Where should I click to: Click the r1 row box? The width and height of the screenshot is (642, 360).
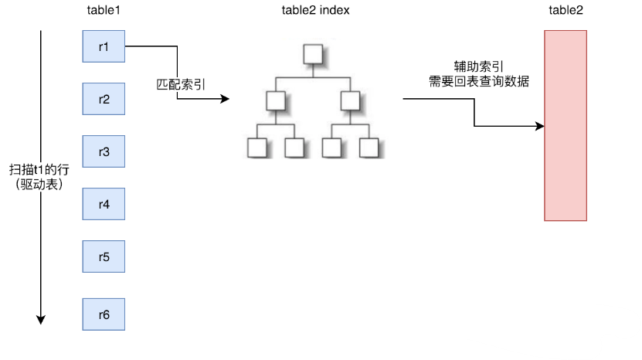click(104, 47)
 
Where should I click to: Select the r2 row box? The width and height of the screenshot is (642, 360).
click(104, 99)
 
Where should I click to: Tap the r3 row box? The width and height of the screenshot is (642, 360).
click(104, 151)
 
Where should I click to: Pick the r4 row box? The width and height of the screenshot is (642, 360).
click(104, 204)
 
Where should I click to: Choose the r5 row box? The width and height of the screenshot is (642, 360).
click(104, 256)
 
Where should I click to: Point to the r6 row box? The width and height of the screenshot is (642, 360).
click(104, 314)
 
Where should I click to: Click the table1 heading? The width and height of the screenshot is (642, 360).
click(104, 10)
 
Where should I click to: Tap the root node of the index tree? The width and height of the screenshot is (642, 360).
click(313, 54)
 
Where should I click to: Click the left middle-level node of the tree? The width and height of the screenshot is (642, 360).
click(275, 100)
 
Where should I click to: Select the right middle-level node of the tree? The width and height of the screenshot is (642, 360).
click(350, 100)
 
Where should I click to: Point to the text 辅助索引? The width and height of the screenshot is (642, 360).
click(474, 66)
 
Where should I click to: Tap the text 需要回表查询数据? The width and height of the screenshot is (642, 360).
click(474, 80)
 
